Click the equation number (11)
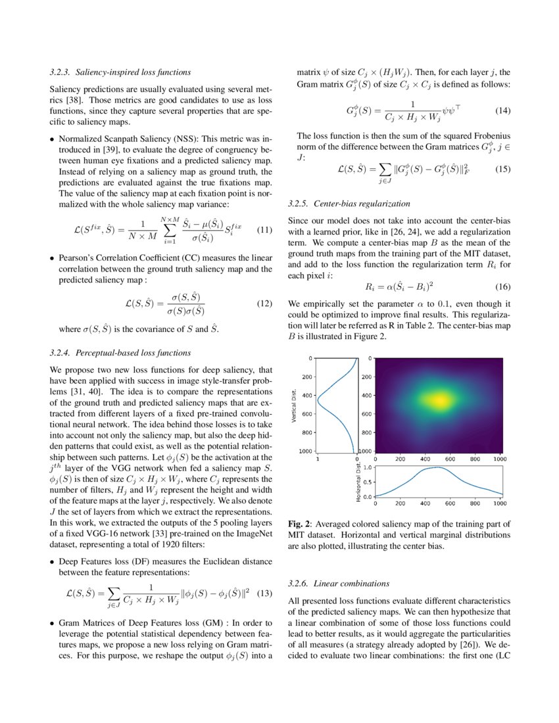point(263,230)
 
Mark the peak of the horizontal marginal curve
point(435,467)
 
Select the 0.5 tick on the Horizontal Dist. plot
point(368,482)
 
